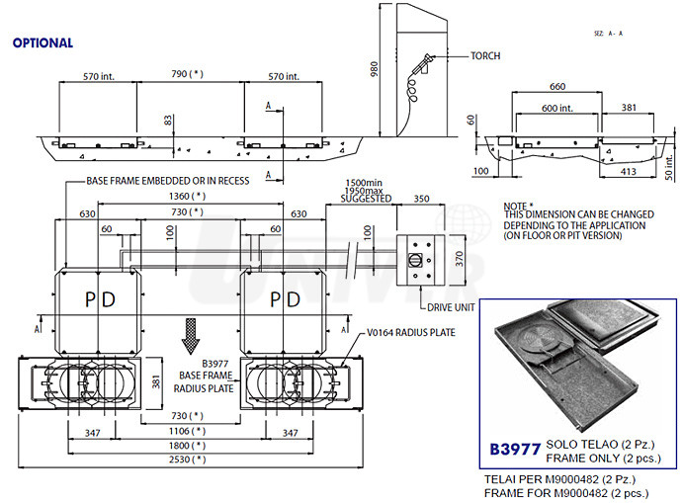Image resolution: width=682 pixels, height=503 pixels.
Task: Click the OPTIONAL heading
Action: point(43,43)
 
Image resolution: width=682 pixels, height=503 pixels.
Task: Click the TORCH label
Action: point(486,56)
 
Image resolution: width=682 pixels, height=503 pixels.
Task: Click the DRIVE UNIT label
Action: point(452,306)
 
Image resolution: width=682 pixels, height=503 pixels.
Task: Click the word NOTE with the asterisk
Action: point(520,204)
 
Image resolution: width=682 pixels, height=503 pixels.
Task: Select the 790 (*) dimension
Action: point(188,73)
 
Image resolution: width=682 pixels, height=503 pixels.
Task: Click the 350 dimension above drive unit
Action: point(422,199)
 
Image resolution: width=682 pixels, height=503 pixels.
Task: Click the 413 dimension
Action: point(629,171)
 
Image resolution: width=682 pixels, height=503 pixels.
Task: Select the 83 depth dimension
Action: point(167,120)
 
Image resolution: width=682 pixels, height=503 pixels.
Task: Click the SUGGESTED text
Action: point(367,199)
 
